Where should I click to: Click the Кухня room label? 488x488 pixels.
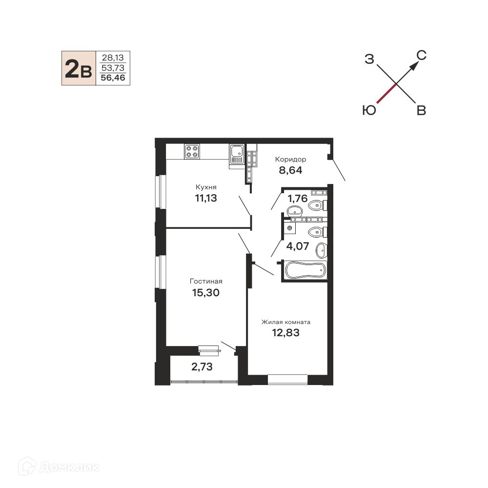206,187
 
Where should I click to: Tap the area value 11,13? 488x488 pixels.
206,198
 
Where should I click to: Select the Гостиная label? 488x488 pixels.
206,282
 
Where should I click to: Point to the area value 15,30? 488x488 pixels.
206,292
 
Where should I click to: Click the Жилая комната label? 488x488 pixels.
285,322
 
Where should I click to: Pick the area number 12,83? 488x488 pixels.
285,333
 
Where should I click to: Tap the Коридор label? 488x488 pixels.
291,160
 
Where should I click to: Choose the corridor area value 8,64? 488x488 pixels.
291,170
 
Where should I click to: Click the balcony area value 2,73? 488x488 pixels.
202,367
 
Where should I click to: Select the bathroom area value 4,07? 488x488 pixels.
298,246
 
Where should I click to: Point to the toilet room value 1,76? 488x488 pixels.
298,198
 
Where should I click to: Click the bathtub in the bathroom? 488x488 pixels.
305,270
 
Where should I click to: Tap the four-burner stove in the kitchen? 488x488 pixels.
192,152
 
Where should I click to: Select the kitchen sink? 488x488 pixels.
237,154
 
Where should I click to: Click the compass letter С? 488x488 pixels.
422,56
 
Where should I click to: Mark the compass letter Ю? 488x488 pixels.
369,110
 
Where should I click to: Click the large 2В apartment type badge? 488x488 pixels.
79,68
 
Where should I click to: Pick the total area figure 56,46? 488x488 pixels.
113,78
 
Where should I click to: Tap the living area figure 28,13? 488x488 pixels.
113,58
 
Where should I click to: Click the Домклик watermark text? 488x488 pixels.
69,467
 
